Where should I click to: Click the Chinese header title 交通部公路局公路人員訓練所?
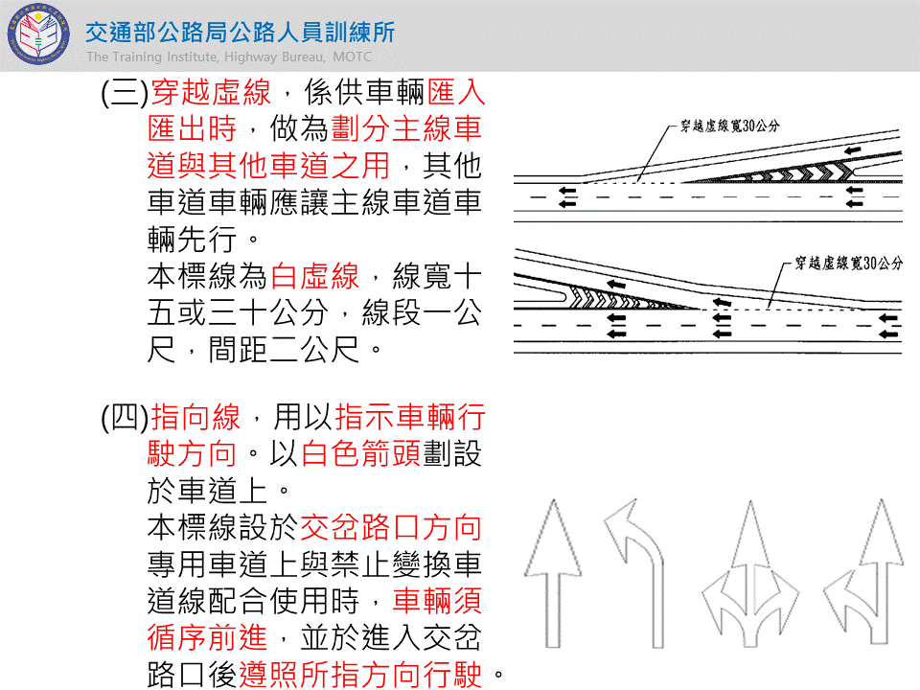[x=240, y=33]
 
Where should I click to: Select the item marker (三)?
[x=123, y=94]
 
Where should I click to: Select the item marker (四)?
[x=123, y=418]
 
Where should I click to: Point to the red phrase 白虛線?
[x=315, y=277]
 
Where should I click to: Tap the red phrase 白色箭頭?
[x=360, y=453]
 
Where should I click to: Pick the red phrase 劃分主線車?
[x=406, y=129]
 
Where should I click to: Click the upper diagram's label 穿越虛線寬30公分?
[x=729, y=126]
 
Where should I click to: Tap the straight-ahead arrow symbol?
[x=551, y=575]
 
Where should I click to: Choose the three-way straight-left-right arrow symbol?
[x=744, y=575]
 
